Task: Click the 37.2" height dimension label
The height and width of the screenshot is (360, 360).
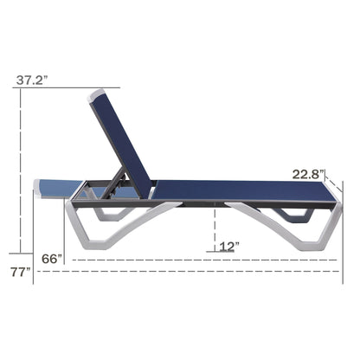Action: click(31, 80)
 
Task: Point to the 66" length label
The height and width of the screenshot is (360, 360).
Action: click(54, 258)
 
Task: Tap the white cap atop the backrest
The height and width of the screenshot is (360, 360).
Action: click(96, 94)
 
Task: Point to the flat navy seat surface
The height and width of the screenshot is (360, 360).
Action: click(234, 189)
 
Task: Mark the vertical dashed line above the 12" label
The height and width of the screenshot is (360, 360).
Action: click(214, 227)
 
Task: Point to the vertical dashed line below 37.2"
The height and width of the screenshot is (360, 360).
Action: click(21, 173)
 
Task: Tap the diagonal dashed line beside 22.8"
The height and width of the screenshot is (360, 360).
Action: click(334, 178)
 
